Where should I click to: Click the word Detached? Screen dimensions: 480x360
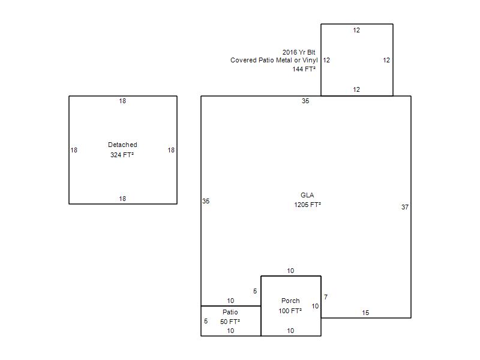pos(122,145)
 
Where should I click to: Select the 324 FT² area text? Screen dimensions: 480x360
pos(122,155)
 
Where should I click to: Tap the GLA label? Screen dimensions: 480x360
pos(307,195)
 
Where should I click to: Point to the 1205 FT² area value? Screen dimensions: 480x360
pos(307,205)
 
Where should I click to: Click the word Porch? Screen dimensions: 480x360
pos(290,301)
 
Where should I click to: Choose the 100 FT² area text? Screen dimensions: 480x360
pos(290,311)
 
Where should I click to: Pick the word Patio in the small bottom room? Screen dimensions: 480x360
pos(230,312)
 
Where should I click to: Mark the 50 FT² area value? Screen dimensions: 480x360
pos(230,322)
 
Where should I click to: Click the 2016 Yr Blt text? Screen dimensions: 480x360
pos(299,52)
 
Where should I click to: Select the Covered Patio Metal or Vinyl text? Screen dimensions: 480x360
pos(274,60)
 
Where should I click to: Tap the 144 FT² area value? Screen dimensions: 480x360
pos(304,69)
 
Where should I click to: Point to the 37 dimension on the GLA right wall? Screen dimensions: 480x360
pos(405,207)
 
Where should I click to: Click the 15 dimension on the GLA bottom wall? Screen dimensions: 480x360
pos(365,313)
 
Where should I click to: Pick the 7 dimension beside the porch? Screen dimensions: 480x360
pos(326,297)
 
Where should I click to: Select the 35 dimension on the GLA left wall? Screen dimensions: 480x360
pos(206,201)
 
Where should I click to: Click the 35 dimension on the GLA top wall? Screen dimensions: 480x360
pos(305,101)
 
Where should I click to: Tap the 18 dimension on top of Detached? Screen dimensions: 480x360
pos(122,101)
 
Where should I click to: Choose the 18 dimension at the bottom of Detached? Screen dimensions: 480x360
pos(122,199)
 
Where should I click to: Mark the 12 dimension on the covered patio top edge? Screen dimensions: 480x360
pos(356,30)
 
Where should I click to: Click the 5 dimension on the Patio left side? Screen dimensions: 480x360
pos(206,321)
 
